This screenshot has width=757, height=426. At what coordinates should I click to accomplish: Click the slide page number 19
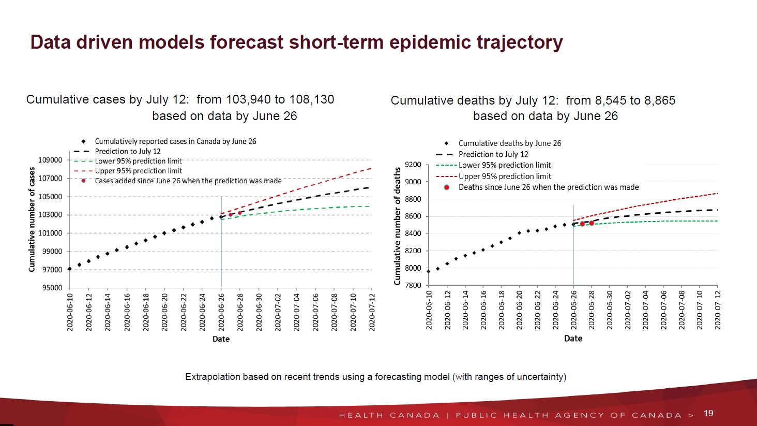pos(708,413)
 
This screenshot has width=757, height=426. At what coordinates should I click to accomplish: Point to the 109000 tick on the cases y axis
pos(50,160)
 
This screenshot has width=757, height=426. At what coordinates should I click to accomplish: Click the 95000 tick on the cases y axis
pos(52,288)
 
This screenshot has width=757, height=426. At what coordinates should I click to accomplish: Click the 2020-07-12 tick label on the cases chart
pos(372,312)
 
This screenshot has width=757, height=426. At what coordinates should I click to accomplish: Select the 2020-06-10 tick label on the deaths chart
pos(429,310)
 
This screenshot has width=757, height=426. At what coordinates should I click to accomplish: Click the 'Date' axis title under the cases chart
pos(221,339)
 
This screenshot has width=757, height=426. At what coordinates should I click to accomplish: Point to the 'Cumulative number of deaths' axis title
pos(397,226)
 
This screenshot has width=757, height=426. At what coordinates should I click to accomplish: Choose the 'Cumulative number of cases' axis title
pos(32,219)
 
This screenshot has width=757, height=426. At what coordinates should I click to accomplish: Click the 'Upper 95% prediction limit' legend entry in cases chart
pos(138,171)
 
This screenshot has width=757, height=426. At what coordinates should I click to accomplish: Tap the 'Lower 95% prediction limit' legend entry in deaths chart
pos(504,165)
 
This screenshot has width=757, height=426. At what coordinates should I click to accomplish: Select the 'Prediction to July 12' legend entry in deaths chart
pos(493,154)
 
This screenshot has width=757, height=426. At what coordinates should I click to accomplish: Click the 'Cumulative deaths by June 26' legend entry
pos(509,143)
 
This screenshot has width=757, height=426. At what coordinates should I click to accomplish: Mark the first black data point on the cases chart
pos(70,269)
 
